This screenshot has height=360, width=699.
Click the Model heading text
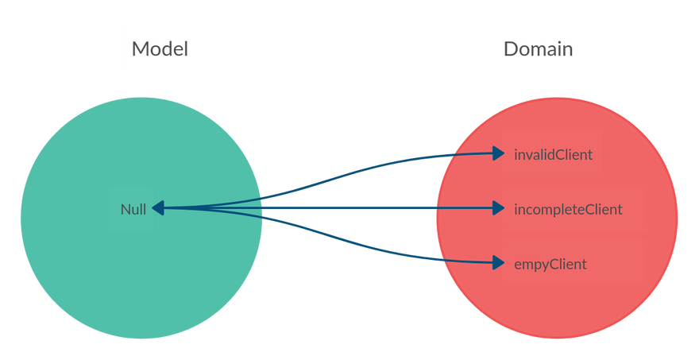pyautogui.click(x=160, y=48)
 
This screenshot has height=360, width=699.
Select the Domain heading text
pyautogui.click(x=539, y=48)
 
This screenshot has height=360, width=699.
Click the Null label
pyautogui.click(x=133, y=210)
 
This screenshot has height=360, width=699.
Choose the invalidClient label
pyautogui.click(x=553, y=154)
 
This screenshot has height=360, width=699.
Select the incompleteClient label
pyautogui.click(x=568, y=210)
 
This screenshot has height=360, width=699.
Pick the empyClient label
pyautogui.click(x=550, y=264)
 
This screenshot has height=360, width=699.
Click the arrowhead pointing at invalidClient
pyautogui.click(x=498, y=153)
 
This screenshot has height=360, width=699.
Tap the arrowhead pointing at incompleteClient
pyautogui.click(x=498, y=209)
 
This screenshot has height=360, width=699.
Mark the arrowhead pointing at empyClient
pyautogui.click(x=498, y=262)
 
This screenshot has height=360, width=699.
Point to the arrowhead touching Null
pyautogui.click(x=158, y=208)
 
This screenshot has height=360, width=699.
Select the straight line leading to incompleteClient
pyautogui.click(x=357, y=209)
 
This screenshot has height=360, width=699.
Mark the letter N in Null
pyautogui.click(x=126, y=210)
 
